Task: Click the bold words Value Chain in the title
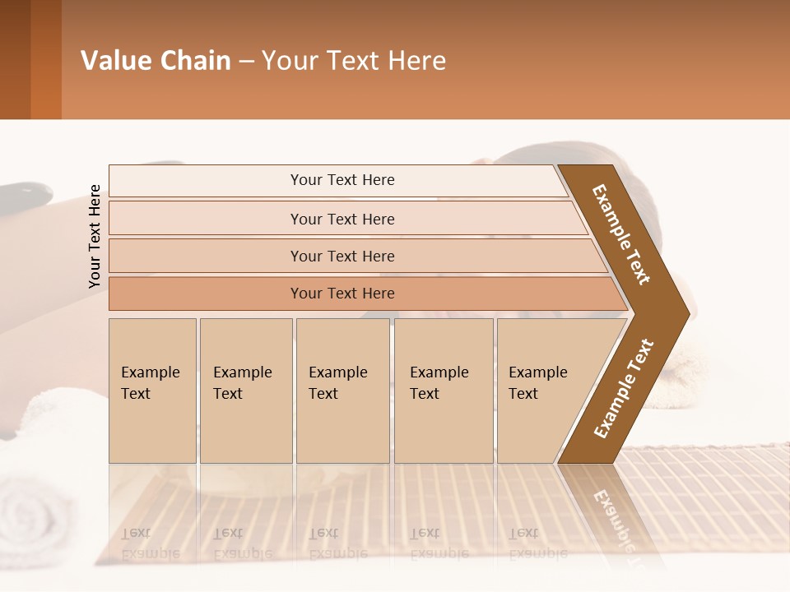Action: pyautogui.click(x=156, y=61)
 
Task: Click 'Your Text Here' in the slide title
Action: pyautogui.click(x=354, y=61)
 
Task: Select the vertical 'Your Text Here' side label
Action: pyautogui.click(x=95, y=236)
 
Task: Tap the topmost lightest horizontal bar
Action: pyautogui.click(x=342, y=180)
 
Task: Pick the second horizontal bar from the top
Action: pyautogui.click(x=342, y=219)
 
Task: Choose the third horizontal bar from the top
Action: pyautogui.click(x=342, y=256)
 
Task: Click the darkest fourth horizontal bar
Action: pyautogui.click(x=342, y=294)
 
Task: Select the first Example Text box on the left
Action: pyautogui.click(x=152, y=391)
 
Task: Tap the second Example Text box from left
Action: pyautogui.click(x=245, y=391)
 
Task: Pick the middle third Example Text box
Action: pyautogui.click(x=342, y=391)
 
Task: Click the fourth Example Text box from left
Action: pyautogui.click(x=444, y=391)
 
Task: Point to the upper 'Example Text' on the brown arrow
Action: pyautogui.click(x=621, y=234)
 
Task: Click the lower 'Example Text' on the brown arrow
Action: pyautogui.click(x=624, y=389)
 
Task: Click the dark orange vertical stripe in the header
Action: pyautogui.click(x=45, y=59)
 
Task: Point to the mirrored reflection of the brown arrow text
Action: pyautogui.click(x=613, y=518)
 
